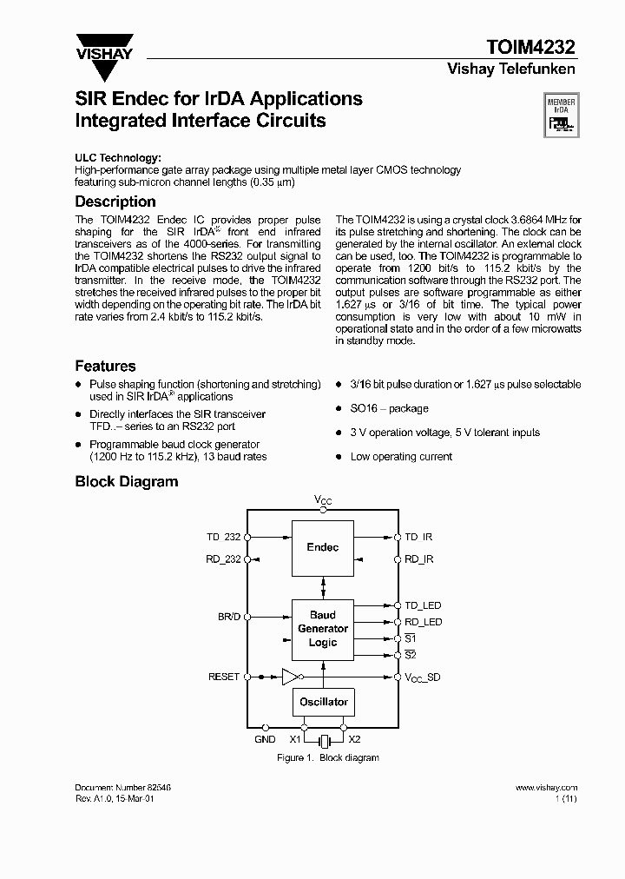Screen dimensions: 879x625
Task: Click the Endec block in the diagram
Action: click(323, 547)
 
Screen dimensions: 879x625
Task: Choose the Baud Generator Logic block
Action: click(323, 628)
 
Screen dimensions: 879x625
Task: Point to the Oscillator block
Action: click(323, 702)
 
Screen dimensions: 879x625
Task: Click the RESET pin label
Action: click(223, 677)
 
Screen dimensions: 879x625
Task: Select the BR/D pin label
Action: click(228, 616)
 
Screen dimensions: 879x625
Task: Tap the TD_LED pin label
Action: click(423, 605)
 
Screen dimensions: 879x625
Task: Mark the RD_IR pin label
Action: click(418, 560)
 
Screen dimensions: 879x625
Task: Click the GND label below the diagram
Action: click(265, 739)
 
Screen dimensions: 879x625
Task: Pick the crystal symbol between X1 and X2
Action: click(324, 740)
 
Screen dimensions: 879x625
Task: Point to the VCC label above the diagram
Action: click(323, 500)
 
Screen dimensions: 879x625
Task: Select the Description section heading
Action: click(115, 202)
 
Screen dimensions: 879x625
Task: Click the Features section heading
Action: click(105, 366)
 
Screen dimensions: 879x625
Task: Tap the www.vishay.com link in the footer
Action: click(546, 787)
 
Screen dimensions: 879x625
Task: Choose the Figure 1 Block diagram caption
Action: click(327, 757)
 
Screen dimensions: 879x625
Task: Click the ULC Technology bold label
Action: click(117, 157)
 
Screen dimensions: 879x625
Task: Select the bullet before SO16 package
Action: click(339, 408)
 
